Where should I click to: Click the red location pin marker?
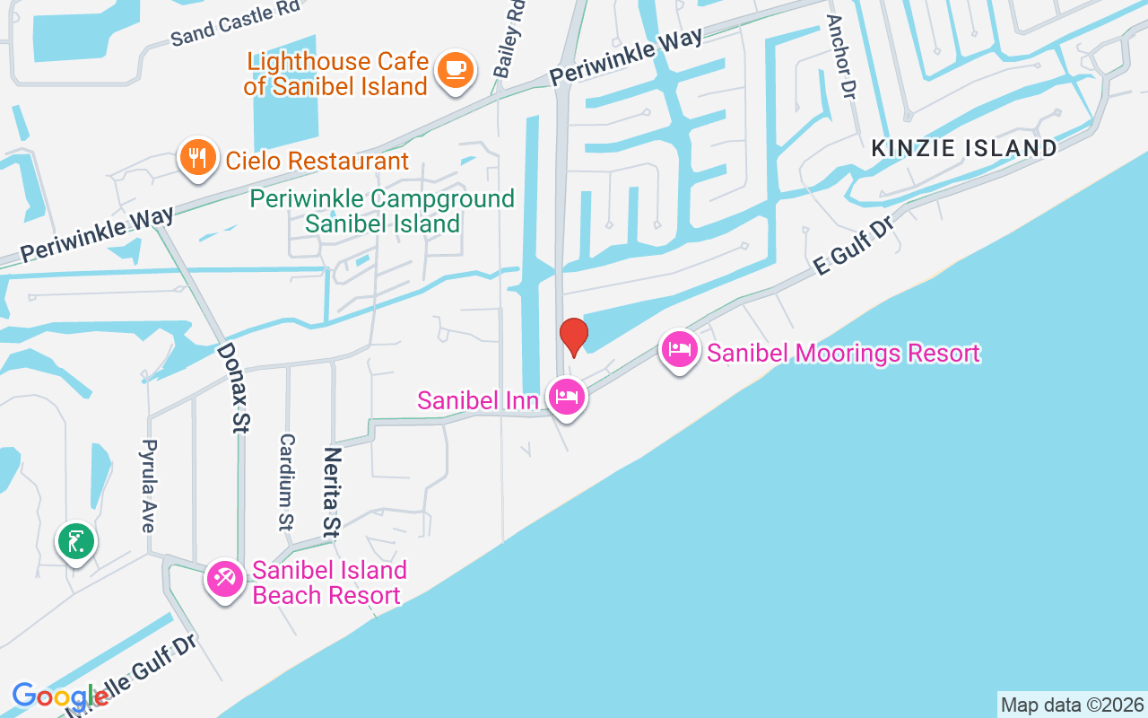pyautogui.click(x=573, y=337)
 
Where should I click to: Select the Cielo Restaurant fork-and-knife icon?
pyautogui.click(x=198, y=158)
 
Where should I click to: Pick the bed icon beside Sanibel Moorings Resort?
pyautogui.click(x=680, y=349)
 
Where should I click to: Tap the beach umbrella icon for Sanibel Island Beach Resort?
pyautogui.click(x=224, y=579)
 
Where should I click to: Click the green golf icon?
pyautogui.click(x=77, y=541)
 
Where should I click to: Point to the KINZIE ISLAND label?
pyautogui.click(x=964, y=149)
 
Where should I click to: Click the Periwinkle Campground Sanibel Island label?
pyautogui.click(x=382, y=211)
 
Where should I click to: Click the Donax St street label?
pyautogui.click(x=231, y=388)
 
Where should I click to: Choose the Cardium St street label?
pyautogui.click(x=286, y=481)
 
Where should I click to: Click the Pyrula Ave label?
pyautogui.click(x=150, y=486)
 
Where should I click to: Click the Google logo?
pyautogui.click(x=59, y=696)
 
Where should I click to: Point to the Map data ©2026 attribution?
pyautogui.click(x=1072, y=705)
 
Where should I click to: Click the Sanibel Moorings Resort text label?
pyautogui.click(x=843, y=353)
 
